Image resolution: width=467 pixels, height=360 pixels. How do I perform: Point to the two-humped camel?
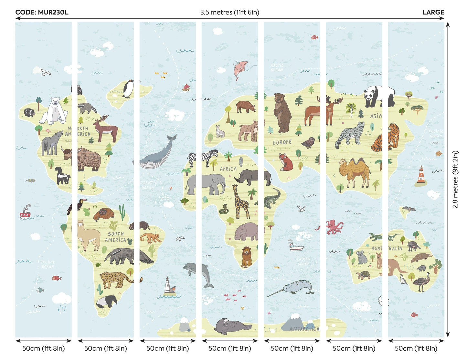click(x=355, y=171)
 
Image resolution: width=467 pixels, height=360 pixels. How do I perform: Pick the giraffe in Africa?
click(x=241, y=202)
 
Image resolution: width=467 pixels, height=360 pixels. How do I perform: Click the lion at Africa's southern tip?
click(x=247, y=256)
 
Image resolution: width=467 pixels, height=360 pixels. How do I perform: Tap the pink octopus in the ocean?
click(x=334, y=227)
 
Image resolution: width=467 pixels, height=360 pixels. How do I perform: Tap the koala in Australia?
click(x=362, y=257)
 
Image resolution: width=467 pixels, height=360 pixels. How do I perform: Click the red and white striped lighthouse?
click(x=421, y=176)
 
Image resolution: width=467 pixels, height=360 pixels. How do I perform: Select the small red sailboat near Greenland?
click(x=186, y=87)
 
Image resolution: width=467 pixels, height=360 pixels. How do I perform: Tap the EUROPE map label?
click(x=282, y=142)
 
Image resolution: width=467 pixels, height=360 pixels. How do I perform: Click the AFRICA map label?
click(x=228, y=169)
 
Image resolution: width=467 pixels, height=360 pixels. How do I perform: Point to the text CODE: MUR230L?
click(x=42, y=12)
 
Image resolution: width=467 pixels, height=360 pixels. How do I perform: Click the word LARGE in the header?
click(x=433, y=12)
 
